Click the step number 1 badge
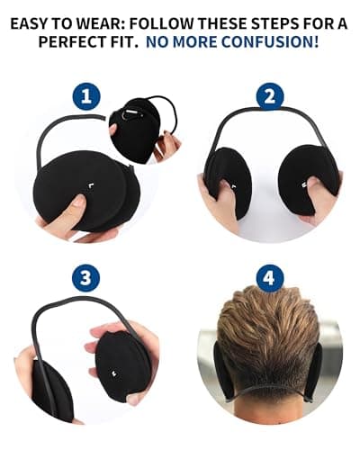point(86,97)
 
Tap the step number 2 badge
point(270,96)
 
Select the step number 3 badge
point(86,278)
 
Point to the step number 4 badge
point(270,278)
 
